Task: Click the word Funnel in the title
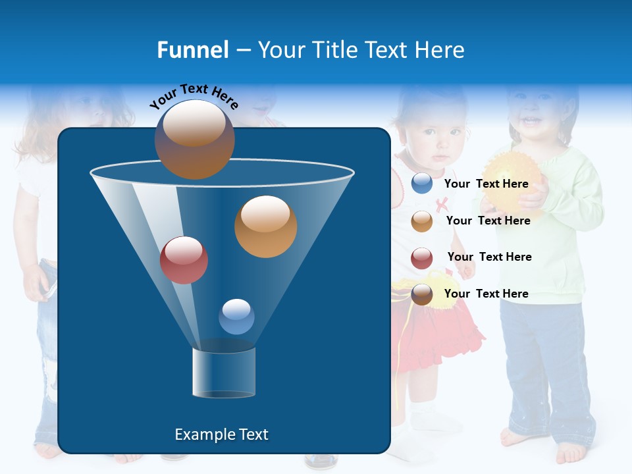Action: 192,50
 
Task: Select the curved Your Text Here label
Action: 194,95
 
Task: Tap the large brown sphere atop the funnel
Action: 194,139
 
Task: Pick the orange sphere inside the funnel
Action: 265,226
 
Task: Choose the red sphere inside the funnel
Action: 184,260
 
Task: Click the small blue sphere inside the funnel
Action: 236,316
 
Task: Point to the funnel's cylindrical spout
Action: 224,373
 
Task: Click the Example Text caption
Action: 221,434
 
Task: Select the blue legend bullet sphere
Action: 422,184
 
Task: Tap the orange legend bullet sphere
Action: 422,221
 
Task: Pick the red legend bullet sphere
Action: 422,258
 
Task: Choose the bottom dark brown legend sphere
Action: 422,294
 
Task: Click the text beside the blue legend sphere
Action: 486,184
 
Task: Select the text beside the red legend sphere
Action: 489,257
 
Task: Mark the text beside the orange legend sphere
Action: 488,221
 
